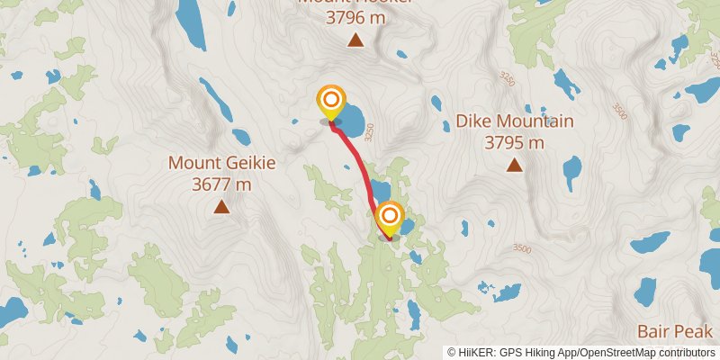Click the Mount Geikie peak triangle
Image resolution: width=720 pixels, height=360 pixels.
pyautogui.click(x=220, y=207)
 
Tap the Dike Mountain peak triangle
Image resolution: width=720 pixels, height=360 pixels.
pyautogui.click(x=514, y=165)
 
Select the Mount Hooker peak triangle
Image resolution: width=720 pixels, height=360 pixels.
pyautogui.click(x=356, y=40)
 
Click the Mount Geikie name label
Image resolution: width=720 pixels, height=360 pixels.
pyautogui.click(x=221, y=164)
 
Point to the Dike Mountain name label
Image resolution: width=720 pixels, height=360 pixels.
pyautogui.click(x=514, y=121)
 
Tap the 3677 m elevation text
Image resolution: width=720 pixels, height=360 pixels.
pyautogui.click(x=221, y=184)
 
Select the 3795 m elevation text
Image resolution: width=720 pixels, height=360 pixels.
pyautogui.click(x=514, y=142)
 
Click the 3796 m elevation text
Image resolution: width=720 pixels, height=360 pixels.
pyautogui.click(x=356, y=16)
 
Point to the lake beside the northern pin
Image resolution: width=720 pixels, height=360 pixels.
pyautogui.click(x=351, y=117)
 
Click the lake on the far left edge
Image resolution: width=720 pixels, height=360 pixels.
pyautogui.click(x=11, y=311)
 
